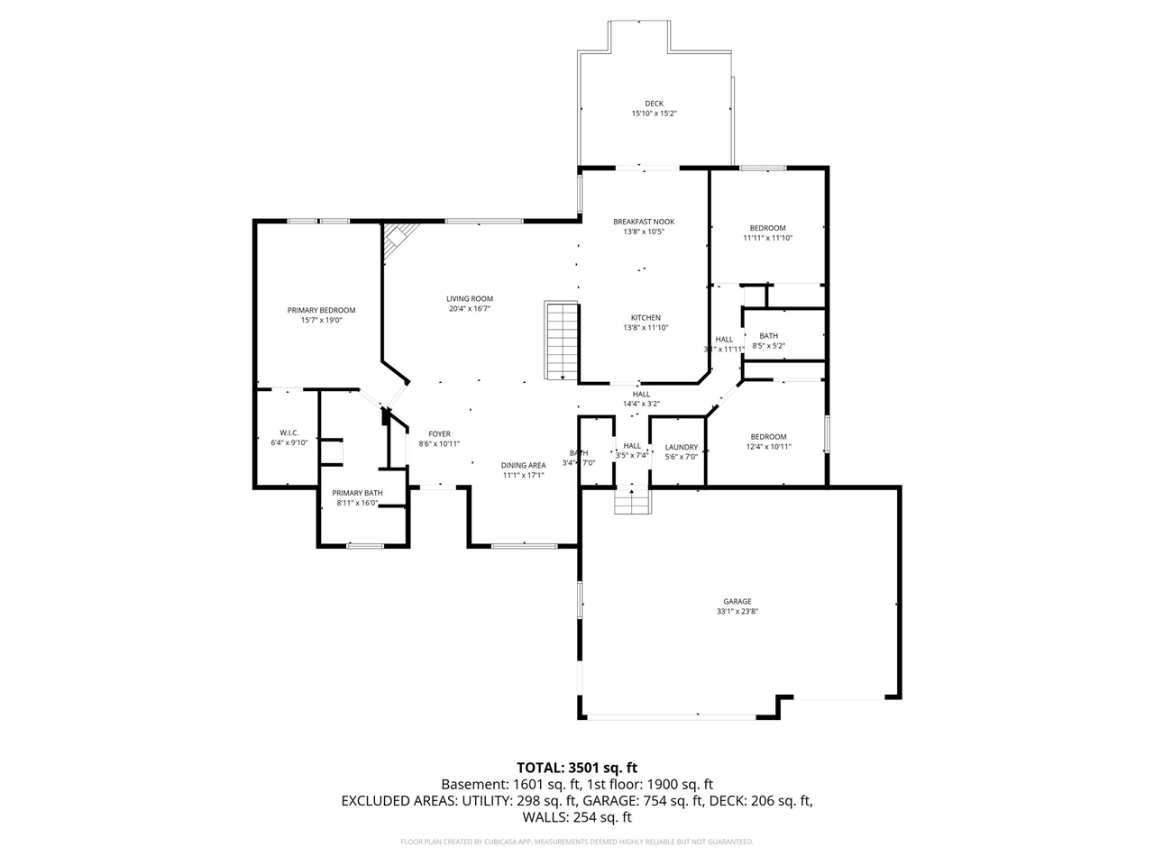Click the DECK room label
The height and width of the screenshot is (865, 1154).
click(x=654, y=104)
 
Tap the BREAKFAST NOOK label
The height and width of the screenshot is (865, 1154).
click(x=644, y=222)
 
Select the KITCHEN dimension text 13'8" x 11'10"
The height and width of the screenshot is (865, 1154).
click(x=646, y=328)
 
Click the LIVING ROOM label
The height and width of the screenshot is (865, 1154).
click(x=470, y=299)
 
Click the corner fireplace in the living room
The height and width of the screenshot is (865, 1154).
click(x=398, y=238)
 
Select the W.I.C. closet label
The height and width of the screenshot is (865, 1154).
click(x=288, y=432)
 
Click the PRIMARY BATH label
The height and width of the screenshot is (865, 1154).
click(x=358, y=493)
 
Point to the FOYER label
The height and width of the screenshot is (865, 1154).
click(x=439, y=433)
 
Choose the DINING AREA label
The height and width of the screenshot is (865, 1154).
click(x=524, y=465)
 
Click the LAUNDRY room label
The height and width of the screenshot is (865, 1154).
click(x=682, y=447)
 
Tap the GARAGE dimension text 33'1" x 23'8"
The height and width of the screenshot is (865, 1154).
click(x=737, y=612)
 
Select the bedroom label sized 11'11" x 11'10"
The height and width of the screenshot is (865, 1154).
click(x=768, y=228)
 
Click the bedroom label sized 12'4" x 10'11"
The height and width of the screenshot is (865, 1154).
click(x=768, y=437)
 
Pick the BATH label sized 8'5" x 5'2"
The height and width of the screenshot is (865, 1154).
click(x=768, y=336)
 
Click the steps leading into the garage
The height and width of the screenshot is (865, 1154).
click(x=632, y=500)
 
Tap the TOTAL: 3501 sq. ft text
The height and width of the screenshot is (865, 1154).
click(x=577, y=768)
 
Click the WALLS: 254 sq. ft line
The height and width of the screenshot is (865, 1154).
click(x=577, y=817)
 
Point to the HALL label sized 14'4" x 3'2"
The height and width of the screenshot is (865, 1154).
click(x=641, y=394)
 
